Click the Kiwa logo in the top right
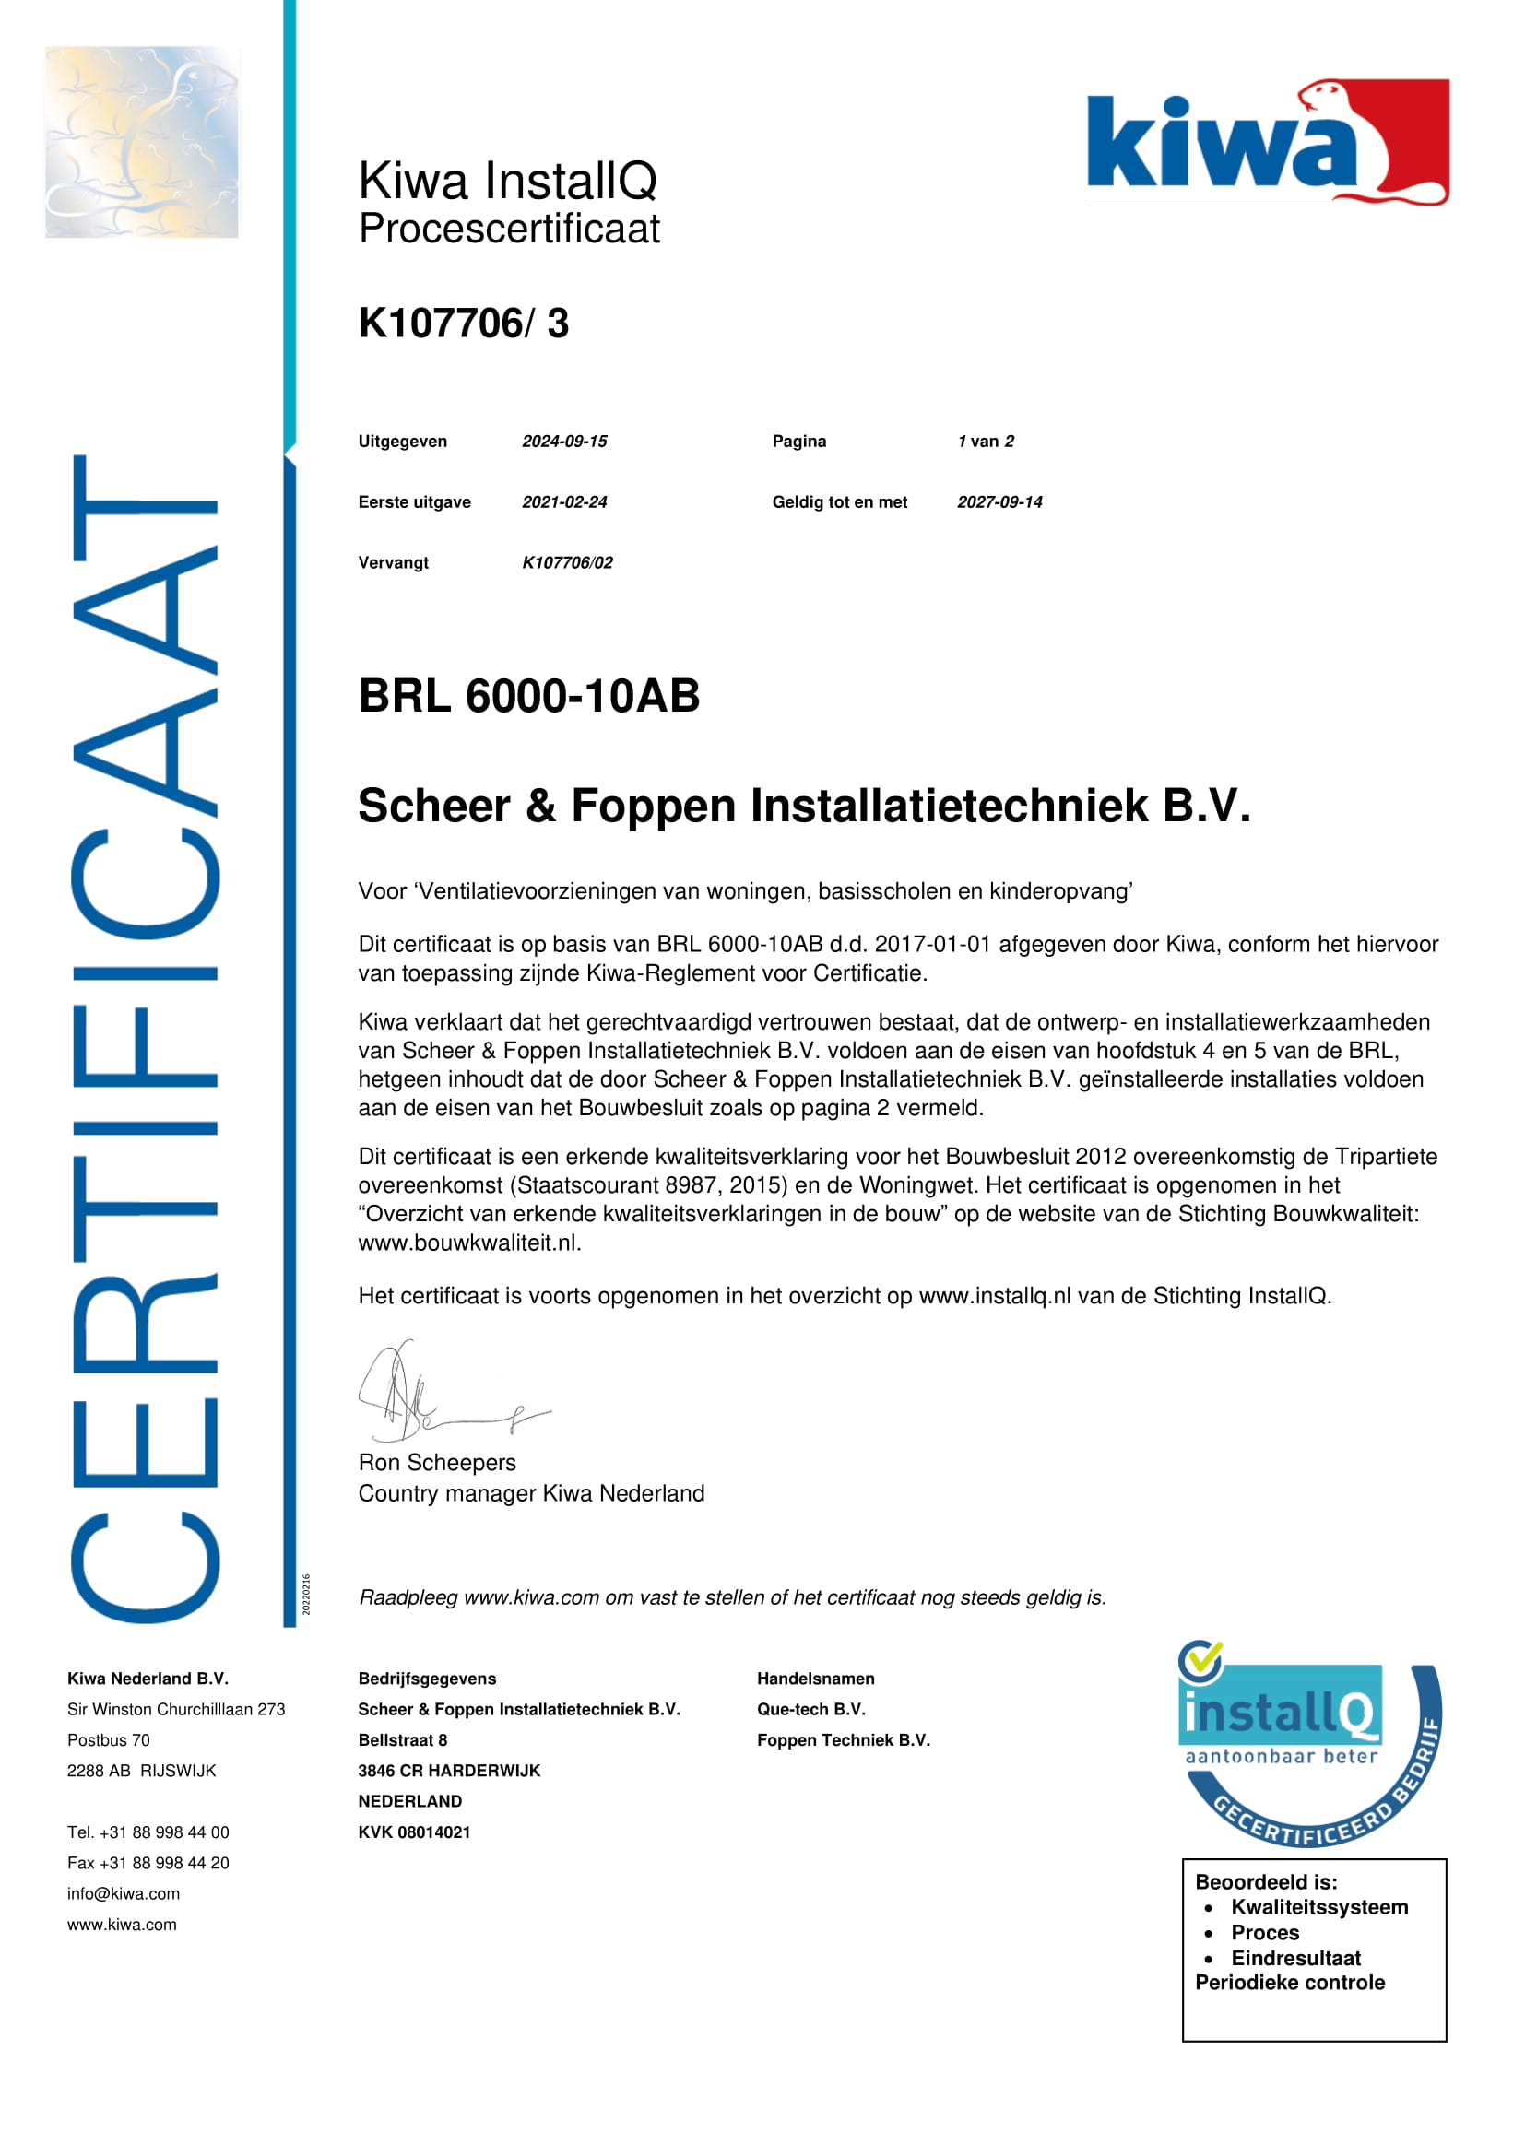point(1267,142)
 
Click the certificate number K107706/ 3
point(463,323)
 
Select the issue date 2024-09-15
point(564,442)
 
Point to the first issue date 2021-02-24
point(564,502)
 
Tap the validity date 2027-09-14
point(999,502)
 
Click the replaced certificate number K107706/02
point(567,563)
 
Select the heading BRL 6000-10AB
point(528,696)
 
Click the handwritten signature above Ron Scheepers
point(442,1394)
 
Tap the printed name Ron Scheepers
point(437,1463)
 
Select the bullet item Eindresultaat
point(1294,1959)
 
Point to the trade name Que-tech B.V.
point(810,1710)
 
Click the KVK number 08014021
point(414,1833)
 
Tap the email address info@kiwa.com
point(123,1894)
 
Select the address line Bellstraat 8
point(402,1741)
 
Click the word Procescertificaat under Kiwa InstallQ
point(509,230)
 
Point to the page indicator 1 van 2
point(985,442)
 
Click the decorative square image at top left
point(142,142)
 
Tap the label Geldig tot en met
point(840,502)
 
